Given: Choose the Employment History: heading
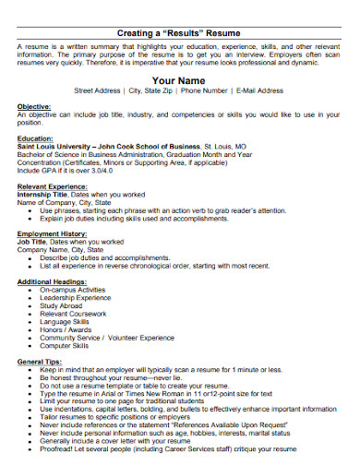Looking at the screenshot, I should (55, 235).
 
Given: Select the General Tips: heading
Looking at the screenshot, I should (42, 359).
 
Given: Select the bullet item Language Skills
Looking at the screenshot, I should (67, 322).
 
